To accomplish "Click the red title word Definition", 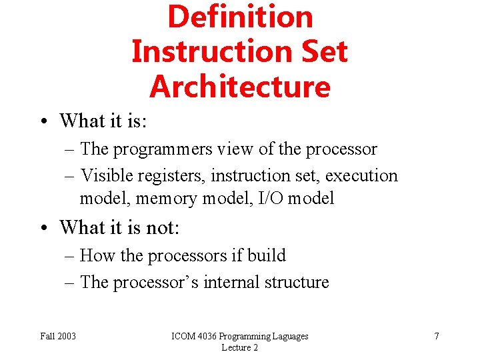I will click(x=240, y=17).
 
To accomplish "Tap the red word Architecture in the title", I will click(x=240, y=87).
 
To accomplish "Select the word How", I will click(x=97, y=255).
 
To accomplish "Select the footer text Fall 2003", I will click(x=58, y=336).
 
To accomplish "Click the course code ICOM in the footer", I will click(x=183, y=336).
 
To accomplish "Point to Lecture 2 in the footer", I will click(x=239, y=347).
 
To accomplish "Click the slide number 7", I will click(x=437, y=336).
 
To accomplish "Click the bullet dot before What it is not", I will click(x=43, y=228).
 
